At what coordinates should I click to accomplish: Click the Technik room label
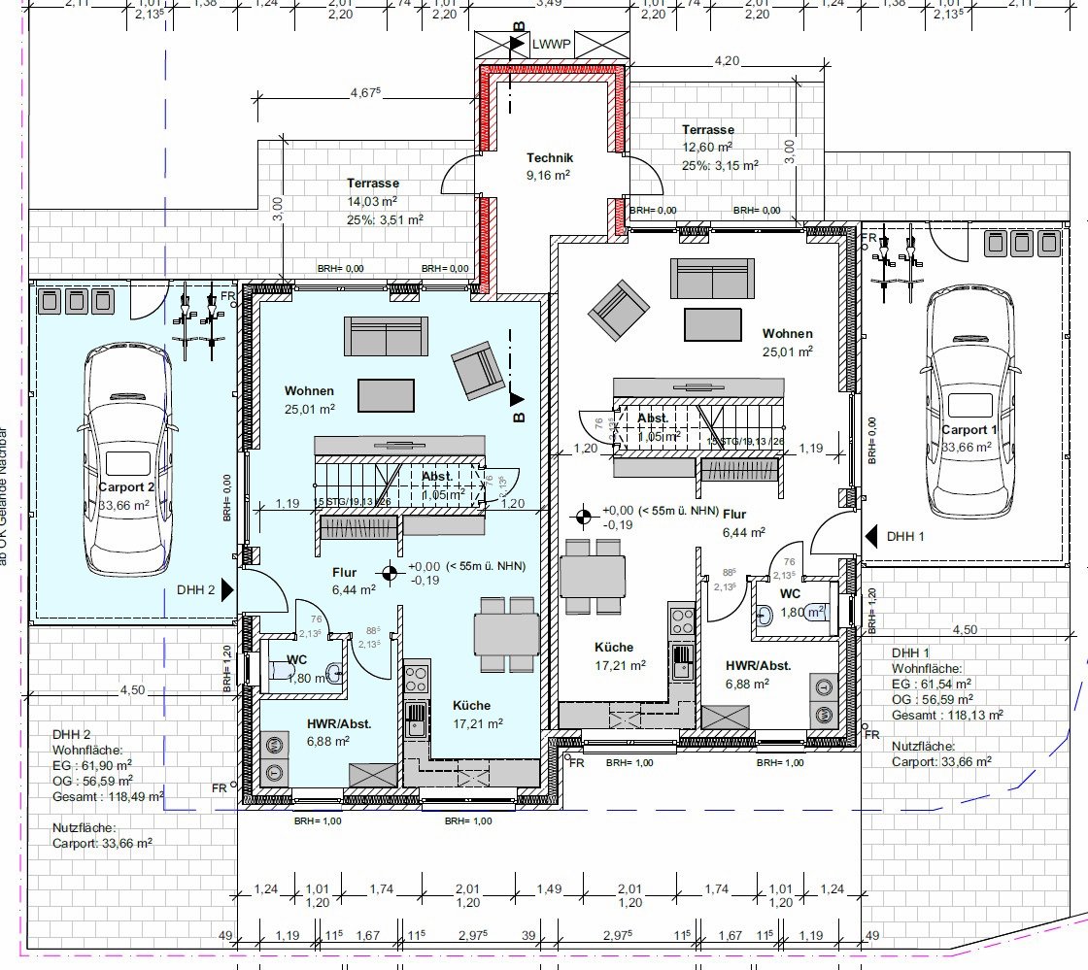pyautogui.click(x=550, y=158)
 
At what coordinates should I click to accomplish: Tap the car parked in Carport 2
pyautogui.click(x=128, y=460)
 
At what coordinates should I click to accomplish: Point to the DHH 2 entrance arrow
pyautogui.click(x=226, y=589)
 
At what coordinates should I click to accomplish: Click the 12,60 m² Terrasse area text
pyautogui.click(x=707, y=148)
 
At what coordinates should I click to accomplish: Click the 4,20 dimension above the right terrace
pyautogui.click(x=727, y=61)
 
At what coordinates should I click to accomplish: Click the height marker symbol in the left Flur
pyautogui.click(x=390, y=573)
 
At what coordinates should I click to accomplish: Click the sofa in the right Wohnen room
pyautogui.click(x=711, y=278)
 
